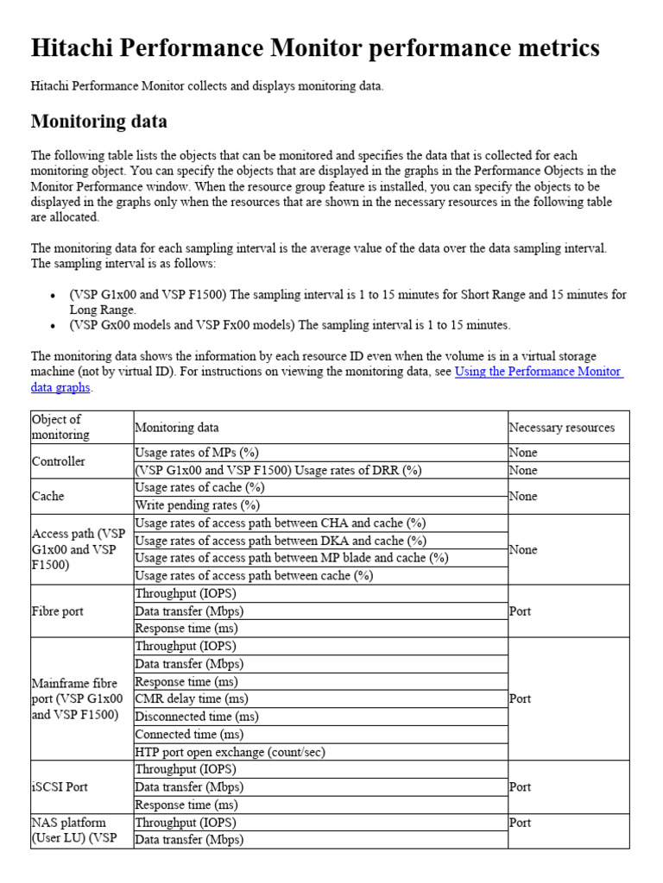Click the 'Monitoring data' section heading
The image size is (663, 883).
(x=99, y=121)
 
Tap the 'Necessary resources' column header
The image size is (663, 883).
(x=562, y=427)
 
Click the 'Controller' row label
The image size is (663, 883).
(x=59, y=461)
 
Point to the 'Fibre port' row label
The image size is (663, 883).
(x=58, y=611)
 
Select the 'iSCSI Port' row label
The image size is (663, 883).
(x=60, y=786)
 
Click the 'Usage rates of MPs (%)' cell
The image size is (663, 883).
(x=197, y=453)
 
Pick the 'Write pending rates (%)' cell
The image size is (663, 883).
(x=197, y=505)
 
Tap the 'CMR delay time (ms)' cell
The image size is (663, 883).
(x=191, y=698)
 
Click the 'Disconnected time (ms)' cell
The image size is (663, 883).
(x=197, y=717)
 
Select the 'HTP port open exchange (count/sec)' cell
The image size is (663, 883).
(x=230, y=752)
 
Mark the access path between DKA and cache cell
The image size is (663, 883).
(x=281, y=541)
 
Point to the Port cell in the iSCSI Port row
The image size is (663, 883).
(x=520, y=786)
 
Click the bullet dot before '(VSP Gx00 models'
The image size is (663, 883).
(x=54, y=326)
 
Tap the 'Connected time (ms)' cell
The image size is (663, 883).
(x=189, y=734)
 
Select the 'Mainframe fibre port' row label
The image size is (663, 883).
(x=77, y=698)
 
